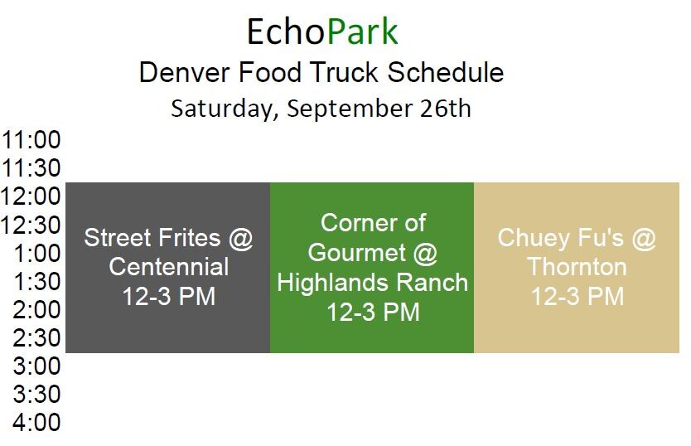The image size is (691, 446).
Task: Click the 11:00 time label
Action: coord(31,140)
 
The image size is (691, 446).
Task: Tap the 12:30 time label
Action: coord(31,225)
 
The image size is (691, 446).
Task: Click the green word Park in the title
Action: coord(363,32)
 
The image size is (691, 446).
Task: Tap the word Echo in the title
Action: coord(286,32)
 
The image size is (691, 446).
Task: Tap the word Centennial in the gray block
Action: coord(169,267)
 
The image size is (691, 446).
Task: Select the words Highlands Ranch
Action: coord(372,282)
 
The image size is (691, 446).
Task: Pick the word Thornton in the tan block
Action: coord(577,267)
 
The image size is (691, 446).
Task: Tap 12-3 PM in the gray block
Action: coord(169,296)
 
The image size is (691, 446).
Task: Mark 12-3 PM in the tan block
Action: coord(577,296)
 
